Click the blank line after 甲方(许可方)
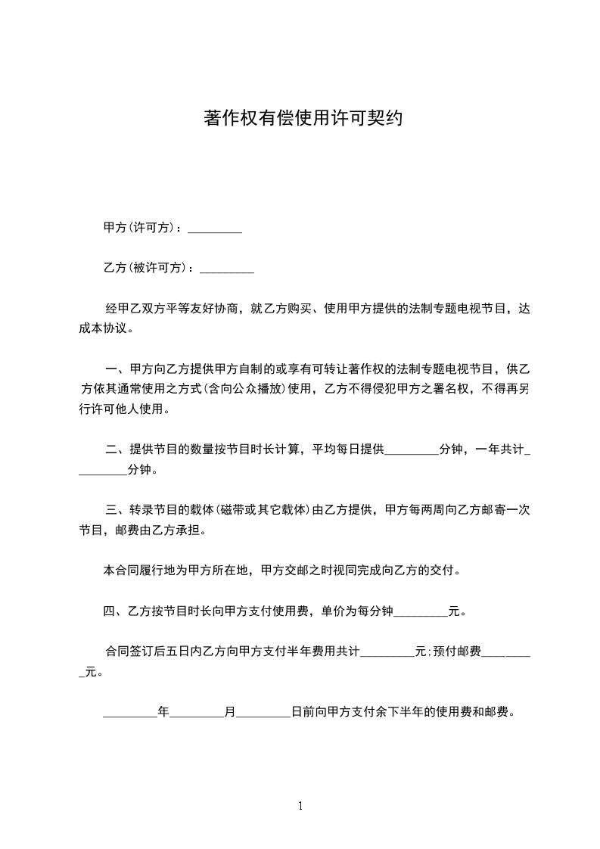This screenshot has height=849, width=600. pos(214,229)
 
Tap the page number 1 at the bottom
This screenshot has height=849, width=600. pos(300,807)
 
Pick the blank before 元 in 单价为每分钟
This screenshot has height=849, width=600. pos(421,610)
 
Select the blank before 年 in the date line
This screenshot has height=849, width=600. pos(129,713)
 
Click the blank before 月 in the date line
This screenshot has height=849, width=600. pos(197,713)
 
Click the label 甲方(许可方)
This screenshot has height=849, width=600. pos(141,228)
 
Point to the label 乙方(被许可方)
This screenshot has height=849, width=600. pos(148,267)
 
